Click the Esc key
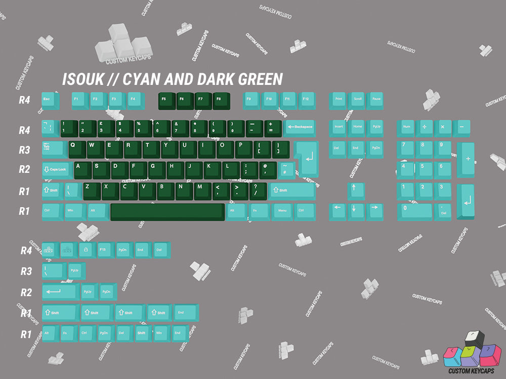[x=50, y=100]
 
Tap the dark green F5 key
[x=166, y=100]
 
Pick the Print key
[x=338, y=100]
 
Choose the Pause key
[x=376, y=100]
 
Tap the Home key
[x=357, y=127]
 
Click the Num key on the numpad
[x=406, y=127]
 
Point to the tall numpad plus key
[x=466, y=159]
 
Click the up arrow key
[x=356, y=190]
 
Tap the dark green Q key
[x=76, y=148]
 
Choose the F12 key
[x=307, y=100]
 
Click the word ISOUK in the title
[x=81, y=79]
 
